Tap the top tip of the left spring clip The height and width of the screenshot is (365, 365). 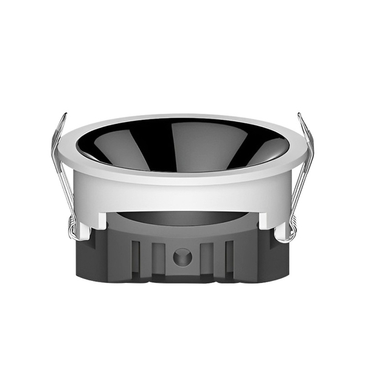click(64, 114)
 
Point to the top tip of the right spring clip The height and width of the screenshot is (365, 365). click(301, 114)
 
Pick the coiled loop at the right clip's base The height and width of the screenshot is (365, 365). click(291, 230)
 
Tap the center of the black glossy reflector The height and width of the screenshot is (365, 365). click(182, 143)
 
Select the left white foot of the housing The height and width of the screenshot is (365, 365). click(97, 220)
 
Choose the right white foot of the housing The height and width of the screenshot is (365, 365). click(268, 220)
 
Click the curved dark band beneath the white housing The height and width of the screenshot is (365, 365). click(182, 218)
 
